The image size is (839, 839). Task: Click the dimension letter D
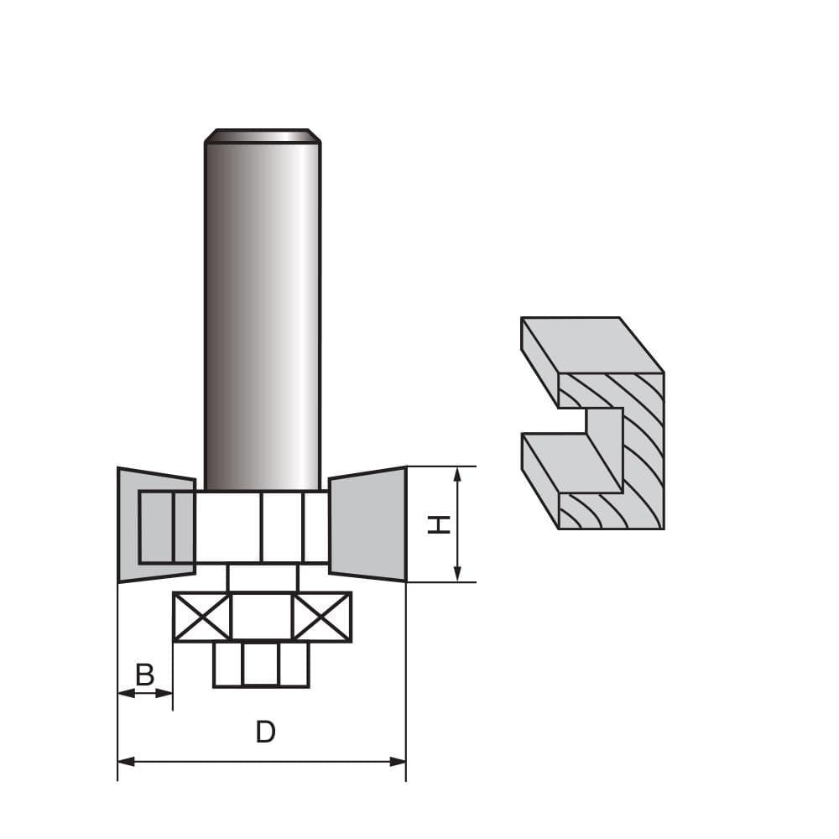265,732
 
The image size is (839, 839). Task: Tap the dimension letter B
145,675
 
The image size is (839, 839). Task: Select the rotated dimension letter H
439,524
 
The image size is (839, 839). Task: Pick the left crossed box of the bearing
202,617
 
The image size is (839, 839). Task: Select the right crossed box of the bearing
321,617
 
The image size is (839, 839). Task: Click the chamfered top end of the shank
263,135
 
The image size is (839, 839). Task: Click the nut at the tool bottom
262,664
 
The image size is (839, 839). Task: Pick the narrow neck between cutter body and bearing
262,577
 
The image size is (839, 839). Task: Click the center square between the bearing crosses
262,617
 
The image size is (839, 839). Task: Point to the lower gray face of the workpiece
571,461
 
